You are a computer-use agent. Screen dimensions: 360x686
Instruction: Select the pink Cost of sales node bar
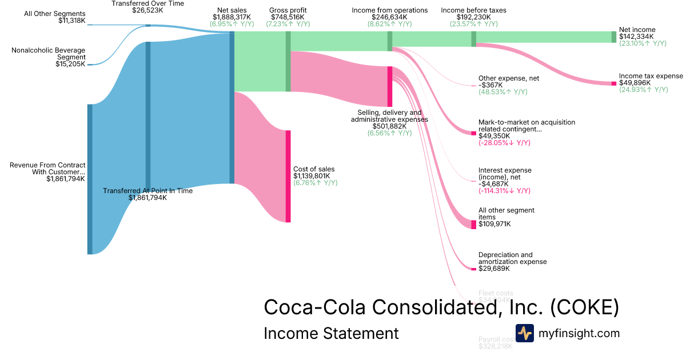pyautogui.click(x=288, y=176)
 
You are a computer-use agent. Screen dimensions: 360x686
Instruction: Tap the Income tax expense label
pyautogui.click(x=651, y=76)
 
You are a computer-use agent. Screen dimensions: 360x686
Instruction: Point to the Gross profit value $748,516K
pyautogui.click(x=288, y=17)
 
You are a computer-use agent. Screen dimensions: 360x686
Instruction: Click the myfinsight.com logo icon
pyautogui.click(x=524, y=333)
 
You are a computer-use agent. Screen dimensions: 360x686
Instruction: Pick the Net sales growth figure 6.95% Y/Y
pyautogui.click(x=232, y=24)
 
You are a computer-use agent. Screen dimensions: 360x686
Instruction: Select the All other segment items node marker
pyautogui.click(x=473, y=225)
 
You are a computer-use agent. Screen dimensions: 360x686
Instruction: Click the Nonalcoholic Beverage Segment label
pyautogui.click(x=49, y=54)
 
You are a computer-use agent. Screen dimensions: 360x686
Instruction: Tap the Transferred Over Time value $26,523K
pyautogui.click(x=147, y=10)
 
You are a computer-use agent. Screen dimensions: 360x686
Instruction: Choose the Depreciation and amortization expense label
pyautogui.click(x=512, y=258)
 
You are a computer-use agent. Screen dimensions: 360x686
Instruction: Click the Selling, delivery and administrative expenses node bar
pyautogui.click(x=390, y=86)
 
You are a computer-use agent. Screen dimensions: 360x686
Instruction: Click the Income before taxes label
pyautogui.click(x=473, y=10)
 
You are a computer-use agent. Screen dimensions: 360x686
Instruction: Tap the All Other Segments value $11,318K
pyautogui.click(x=71, y=21)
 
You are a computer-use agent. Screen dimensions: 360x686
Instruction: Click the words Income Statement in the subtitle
pyautogui.click(x=331, y=333)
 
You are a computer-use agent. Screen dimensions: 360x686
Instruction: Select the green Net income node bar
pyautogui.click(x=614, y=37)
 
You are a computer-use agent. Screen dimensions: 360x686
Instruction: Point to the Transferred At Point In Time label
pyautogui.click(x=147, y=191)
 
